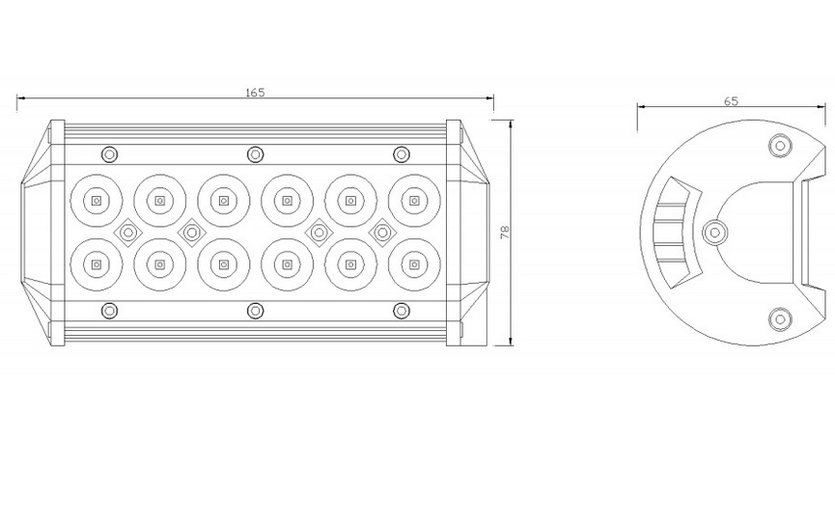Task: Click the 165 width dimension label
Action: tap(255, 92)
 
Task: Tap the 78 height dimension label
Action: tap(505, 232)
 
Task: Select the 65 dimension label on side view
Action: tap(731, 101)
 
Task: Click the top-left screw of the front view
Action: tap(109, 154)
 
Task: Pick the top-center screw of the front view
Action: tap(256, 154)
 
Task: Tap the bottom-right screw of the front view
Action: tap(402, 310)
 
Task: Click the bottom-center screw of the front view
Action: tap(256, 310)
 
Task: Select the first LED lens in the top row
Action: tap(97, 201)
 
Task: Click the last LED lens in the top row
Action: tap(414, 201)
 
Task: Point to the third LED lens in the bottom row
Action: tap(224, 264)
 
